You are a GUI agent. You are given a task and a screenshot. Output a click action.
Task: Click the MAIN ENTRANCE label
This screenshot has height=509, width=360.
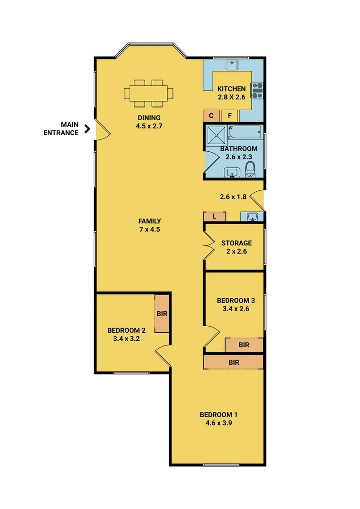point(61,129)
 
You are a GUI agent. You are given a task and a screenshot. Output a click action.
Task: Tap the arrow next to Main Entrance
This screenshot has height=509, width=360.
point(87,129)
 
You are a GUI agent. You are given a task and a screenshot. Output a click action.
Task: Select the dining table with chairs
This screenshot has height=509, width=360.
point(148,92)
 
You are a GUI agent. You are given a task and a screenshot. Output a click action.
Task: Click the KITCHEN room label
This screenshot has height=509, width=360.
point(231,89)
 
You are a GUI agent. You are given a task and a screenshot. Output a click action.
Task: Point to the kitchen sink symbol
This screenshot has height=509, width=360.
point(232,64)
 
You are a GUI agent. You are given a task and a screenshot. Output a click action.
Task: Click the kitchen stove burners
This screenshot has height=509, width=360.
point(257,90)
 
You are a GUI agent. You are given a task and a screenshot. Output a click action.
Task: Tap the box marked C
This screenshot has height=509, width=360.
point(211,115)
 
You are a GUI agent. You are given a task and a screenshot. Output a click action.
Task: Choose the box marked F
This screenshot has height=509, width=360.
point(230,115)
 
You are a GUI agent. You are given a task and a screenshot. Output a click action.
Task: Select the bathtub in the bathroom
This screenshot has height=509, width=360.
point(245,131)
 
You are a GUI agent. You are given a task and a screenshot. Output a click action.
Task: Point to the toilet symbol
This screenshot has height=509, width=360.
point(251,169)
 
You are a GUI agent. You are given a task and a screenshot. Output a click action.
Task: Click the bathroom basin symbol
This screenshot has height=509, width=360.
point(231,173)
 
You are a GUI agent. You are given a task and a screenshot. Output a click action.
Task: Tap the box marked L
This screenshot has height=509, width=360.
point(214,217)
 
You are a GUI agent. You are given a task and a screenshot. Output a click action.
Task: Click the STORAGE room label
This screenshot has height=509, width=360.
point(237,243)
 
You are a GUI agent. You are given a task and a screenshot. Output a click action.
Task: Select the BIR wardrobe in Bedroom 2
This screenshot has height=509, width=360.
point(162,313)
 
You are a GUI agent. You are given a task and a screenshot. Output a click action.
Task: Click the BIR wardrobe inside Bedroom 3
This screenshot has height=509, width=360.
point(244,345)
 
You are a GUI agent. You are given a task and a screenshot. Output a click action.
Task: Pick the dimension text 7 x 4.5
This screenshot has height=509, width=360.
point(150,230)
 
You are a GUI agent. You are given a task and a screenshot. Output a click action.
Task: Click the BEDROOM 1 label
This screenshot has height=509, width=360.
point(219,415)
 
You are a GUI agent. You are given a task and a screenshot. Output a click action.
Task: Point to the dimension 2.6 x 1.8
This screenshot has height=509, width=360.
point(233,197)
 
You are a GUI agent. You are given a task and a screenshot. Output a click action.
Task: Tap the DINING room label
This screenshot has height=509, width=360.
point(149,118)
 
